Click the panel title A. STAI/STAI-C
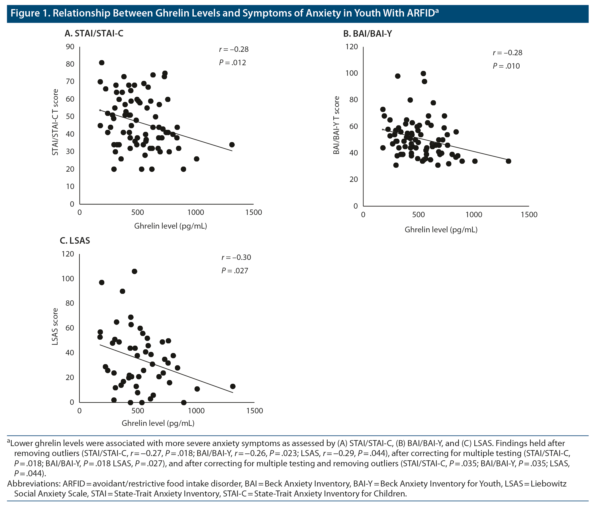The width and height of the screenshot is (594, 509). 94,34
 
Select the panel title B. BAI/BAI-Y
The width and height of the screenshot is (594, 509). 368,34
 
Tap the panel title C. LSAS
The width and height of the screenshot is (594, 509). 75,241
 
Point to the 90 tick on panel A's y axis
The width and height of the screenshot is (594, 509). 70,47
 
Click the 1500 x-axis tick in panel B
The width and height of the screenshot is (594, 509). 529,215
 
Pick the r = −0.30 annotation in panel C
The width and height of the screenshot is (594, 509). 236,257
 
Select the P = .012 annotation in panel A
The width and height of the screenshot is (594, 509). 232,62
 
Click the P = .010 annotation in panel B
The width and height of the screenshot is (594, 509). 506,66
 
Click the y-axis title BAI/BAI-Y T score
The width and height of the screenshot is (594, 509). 336,125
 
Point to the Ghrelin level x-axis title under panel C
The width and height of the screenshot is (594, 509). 158,423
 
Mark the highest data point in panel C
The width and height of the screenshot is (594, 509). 134,271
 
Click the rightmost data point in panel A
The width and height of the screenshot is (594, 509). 232,145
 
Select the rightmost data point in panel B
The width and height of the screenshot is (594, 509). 509,161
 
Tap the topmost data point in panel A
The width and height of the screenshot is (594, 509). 101,63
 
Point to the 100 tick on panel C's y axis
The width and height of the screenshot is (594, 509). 68,279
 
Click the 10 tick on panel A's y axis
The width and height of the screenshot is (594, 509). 70,186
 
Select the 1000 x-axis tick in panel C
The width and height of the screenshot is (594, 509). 196,411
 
